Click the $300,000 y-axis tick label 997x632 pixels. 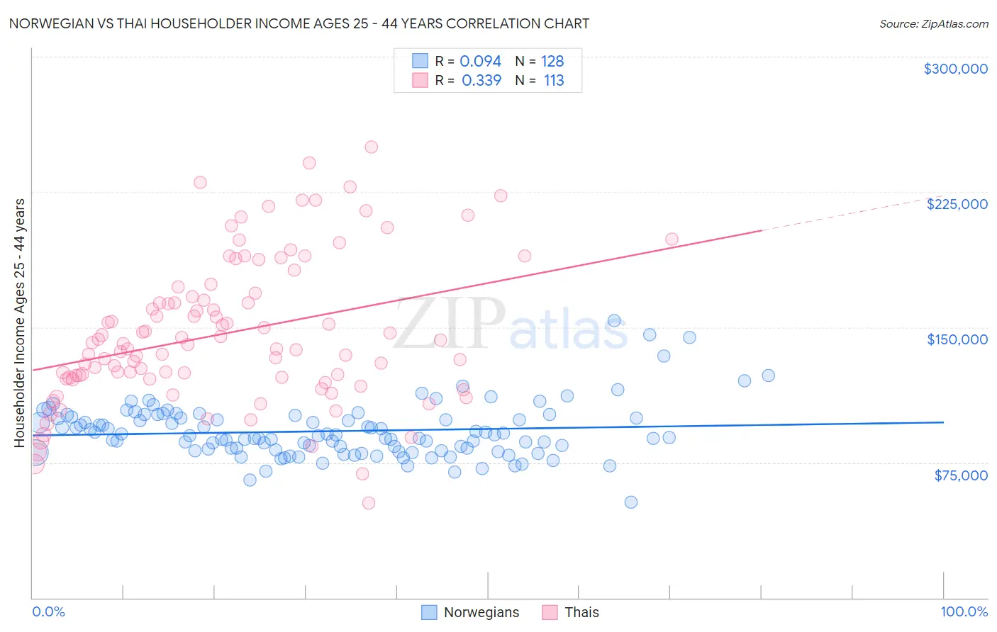pos(955,69)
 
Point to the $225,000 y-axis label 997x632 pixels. pos(957,204)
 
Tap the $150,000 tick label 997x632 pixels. pos(957,339)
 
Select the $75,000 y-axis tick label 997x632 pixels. pos(960,475)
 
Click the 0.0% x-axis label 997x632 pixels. pos(48,611)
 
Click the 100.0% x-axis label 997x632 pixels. pos(964,611)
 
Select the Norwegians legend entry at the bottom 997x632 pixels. pos(470,612)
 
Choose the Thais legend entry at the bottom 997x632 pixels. pos(571,612)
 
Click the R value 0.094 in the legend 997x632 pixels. pos(480,62)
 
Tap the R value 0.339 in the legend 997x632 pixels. pos(481,81)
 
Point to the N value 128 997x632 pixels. pos(552,62)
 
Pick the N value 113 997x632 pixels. pos(554,81)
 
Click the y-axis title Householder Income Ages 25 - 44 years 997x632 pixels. pos(20,323)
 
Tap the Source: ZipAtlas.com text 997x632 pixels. pos(933,23)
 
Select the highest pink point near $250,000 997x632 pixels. pos(371,147)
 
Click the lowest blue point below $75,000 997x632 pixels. pos(631,502)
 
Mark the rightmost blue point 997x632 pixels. pos(768,376)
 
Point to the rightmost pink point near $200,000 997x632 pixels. pos(672,239)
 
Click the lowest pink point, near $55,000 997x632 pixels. pos(369,503)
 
